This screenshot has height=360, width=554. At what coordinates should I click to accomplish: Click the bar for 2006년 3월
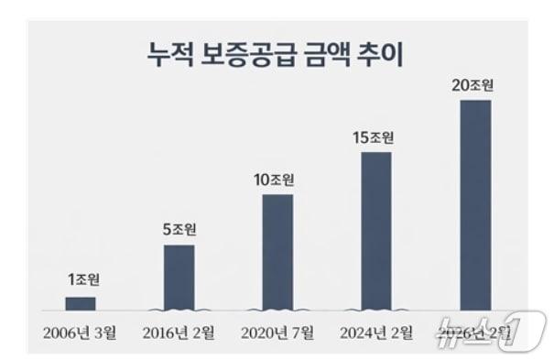[80, 303]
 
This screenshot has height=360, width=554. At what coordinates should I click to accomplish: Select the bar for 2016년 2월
[179, 277]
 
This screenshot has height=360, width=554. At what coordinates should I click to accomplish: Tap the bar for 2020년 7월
[277, 252]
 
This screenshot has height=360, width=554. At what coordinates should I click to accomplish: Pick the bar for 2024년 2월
[376, 231]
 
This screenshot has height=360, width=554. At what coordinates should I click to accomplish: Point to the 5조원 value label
[179, 230]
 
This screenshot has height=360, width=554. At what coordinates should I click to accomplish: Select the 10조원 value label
[277, 180]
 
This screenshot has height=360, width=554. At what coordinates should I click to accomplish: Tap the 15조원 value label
[375, 138]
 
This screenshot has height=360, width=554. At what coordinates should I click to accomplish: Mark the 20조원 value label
[474, 85]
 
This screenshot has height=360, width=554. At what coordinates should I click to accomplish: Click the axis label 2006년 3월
[80, 333]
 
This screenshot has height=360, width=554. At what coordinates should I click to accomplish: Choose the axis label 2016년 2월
[179, 333]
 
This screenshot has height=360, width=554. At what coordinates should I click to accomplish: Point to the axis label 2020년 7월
[277, 333]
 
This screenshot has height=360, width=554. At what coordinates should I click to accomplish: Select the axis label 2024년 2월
[376, 333]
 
